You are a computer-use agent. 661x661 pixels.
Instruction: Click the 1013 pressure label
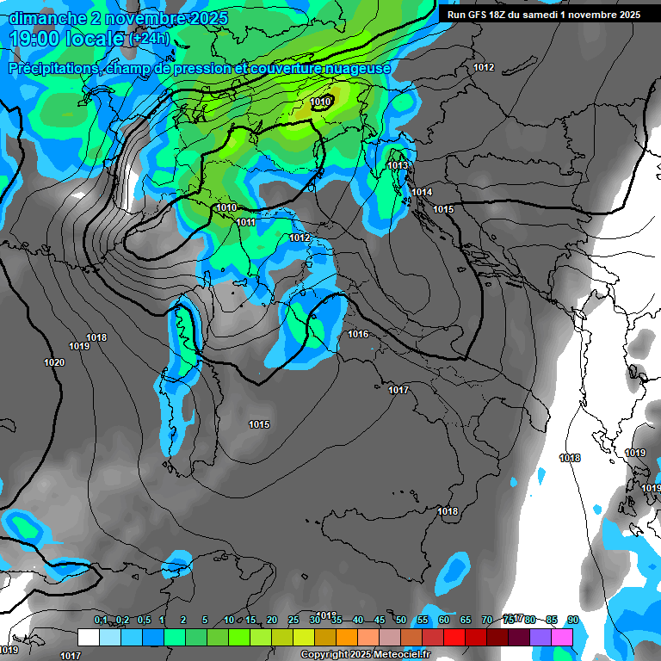pos(398,165)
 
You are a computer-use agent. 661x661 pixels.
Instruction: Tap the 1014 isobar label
pos(422,192)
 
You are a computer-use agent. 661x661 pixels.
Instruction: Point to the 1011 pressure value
pos(245,222)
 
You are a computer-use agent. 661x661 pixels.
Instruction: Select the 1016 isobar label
pos(358,334)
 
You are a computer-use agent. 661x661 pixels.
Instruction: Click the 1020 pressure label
pos(54,362)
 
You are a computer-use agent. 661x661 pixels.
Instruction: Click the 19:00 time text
pos(39,39)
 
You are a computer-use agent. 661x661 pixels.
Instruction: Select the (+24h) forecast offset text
pos(150,39)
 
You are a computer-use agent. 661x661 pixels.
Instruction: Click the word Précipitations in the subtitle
pos(51,68)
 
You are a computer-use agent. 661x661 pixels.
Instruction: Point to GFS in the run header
pos(480,15)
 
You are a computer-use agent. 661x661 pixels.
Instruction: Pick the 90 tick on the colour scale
pos(572,620)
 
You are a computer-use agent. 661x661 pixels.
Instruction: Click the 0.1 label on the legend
pos(101,620)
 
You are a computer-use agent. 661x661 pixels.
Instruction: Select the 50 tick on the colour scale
pos(401,620)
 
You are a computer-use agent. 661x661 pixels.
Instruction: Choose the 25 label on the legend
pos(293,620)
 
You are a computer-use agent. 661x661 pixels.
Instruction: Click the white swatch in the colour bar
pos(88,637)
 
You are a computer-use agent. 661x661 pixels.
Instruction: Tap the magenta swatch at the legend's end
pos(562,637)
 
